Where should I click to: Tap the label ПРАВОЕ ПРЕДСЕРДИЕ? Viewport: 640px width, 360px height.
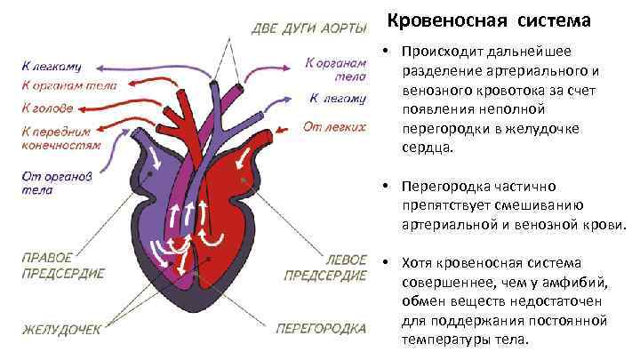(x=63, y=265)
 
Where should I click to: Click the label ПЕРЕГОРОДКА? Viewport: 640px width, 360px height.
(x=321, y=328)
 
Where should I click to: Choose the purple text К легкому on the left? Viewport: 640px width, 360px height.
(x=52, y=66)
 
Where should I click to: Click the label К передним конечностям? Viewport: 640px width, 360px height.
(x=61, y=136)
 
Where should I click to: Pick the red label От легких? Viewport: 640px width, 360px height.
(x=334, y=126)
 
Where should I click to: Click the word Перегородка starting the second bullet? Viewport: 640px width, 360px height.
(x=447, y=187)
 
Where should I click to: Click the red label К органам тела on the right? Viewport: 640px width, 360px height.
(x=335, y=69)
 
